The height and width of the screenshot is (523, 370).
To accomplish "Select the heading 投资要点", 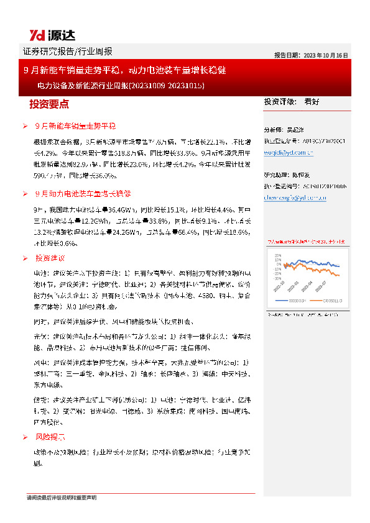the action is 49,104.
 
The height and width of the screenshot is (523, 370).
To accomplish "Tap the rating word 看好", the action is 312,101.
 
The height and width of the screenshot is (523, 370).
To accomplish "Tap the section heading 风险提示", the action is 50,437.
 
